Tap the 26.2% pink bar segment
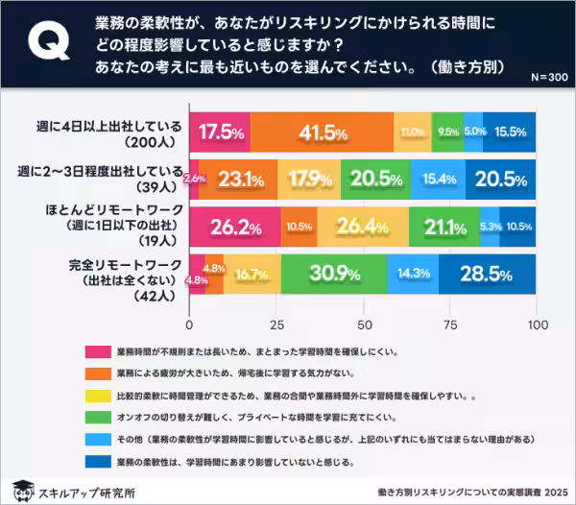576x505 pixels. (234, 227)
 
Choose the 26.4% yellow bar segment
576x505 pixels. (362, 227)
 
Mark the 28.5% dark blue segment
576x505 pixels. (488, 273)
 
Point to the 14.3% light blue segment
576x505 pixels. (413, 273)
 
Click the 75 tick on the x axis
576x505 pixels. (450, 323)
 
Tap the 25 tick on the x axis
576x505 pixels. (276, 323)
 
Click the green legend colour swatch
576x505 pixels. (96, 417)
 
